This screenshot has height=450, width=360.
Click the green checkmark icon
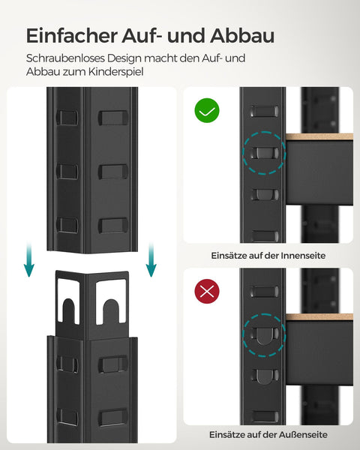pos(208,112)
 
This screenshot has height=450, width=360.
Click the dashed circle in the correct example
pos(263,154)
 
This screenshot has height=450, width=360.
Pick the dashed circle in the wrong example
pos(263,334)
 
